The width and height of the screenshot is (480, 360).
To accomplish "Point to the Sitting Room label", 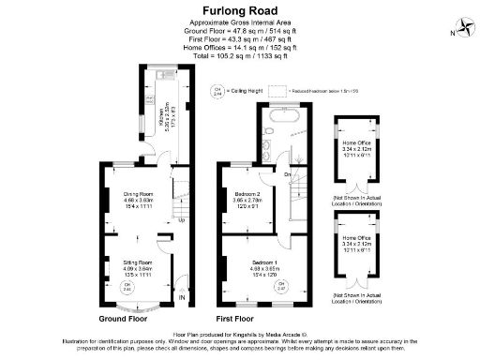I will (x=138, y=266).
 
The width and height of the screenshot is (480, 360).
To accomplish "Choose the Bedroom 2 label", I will (x=247, y=200).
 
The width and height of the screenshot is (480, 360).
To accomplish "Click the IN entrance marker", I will (x=182, y=298).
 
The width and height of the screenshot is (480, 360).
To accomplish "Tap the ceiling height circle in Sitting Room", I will (x=127, y=289).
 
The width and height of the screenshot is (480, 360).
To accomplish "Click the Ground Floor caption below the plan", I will (x=127, y=318).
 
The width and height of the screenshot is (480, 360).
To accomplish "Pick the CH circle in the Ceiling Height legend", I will (x=217, y=92).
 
